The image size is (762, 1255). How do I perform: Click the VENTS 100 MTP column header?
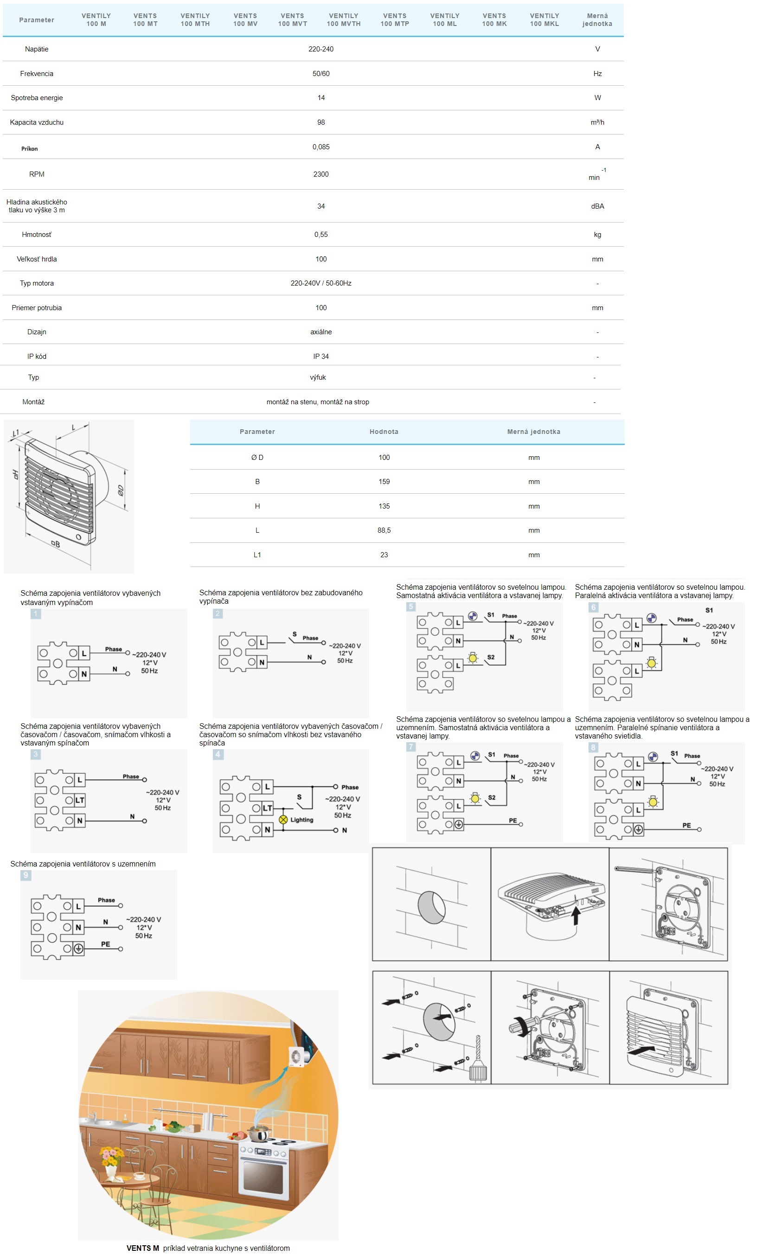394,20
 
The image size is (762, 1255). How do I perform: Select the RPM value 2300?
321,174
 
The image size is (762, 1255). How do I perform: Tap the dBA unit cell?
597,206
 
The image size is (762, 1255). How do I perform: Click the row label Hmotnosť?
37,235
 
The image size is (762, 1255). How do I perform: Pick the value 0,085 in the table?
321,147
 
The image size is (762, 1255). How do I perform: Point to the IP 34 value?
321,357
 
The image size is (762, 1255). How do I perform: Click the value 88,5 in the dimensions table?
384,530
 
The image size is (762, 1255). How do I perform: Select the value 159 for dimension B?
384,481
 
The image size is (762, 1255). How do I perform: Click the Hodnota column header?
384,432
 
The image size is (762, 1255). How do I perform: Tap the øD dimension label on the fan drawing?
120,491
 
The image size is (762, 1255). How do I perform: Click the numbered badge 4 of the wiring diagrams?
218,754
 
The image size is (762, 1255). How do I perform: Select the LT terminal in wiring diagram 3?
79,800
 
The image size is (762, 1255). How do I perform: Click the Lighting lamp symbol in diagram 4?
283,820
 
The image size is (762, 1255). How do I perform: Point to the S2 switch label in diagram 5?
491,657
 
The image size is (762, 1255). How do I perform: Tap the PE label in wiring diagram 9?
105,944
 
